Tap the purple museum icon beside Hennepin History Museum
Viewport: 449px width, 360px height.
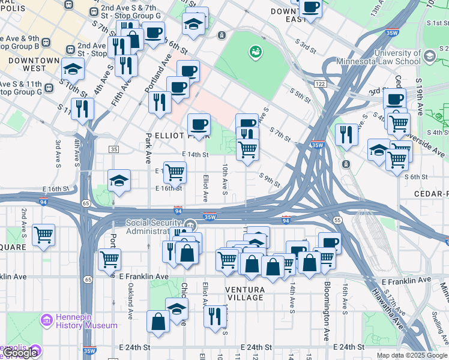point(46,321)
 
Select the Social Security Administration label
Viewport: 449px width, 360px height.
point(154,227)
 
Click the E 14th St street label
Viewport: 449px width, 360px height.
point(195,154)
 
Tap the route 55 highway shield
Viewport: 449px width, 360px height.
point(338,220)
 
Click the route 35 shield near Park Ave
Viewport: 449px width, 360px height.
point(114,149)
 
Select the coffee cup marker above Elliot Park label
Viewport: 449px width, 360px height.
point(199,125)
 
